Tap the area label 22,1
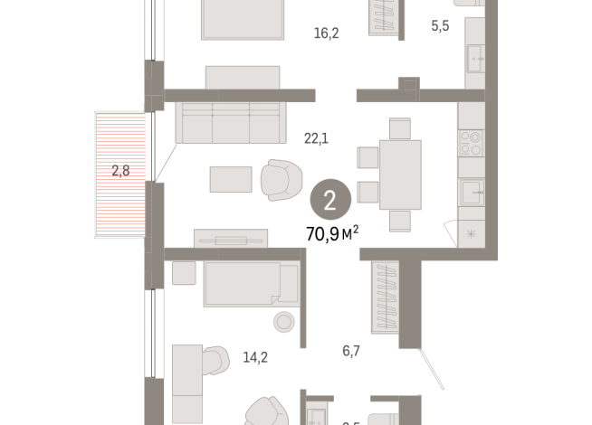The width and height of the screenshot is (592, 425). tap(316, 137)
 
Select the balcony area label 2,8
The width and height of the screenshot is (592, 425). tap(120, 170)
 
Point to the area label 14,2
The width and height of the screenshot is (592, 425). tap(255, 356)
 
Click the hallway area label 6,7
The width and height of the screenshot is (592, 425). tap(351, 351)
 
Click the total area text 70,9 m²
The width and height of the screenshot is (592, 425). tap(332, 232)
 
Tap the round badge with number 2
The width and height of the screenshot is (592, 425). tap(329, 200)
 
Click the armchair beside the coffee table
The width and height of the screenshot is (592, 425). tap(282, 179)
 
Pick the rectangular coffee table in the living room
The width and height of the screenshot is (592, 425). tap(231, 179)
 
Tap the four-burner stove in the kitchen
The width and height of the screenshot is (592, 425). tap(471, 143)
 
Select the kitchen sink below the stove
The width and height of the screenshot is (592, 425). tap(471, 192)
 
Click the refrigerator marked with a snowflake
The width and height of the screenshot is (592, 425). tap(471, 233)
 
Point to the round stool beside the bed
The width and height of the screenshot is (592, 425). tap(285, 322)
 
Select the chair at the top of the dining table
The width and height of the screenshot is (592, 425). tap(400, 128)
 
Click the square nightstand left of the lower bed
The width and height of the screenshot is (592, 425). tap(184, 273)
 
